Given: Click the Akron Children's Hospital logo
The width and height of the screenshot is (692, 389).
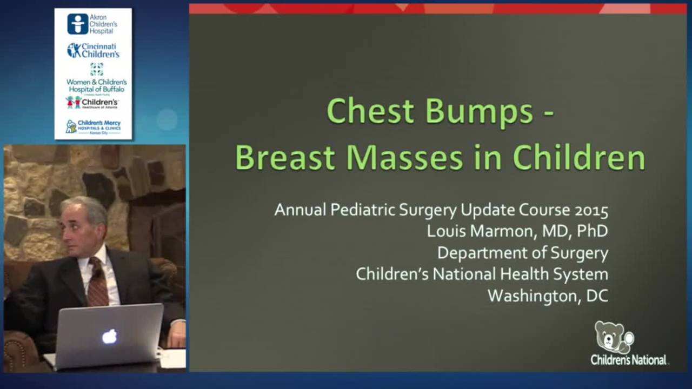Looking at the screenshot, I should (x=92, y=24).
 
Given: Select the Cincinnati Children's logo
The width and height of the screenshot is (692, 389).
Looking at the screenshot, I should (x=93, y=50).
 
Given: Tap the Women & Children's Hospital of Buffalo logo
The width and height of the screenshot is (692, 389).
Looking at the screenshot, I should (x=96, y=79).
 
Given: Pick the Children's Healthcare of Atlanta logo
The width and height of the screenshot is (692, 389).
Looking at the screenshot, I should (x=92, y=102).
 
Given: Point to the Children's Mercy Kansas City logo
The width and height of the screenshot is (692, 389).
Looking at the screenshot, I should (x=93, y=126).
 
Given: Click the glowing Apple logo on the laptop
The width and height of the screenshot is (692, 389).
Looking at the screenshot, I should (x=109, y=337).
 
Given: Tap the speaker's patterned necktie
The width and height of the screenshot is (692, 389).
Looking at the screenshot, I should (x=98, y=281).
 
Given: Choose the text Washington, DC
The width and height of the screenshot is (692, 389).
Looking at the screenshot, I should (x=548, y=296).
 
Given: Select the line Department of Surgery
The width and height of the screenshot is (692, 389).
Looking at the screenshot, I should (x=522, y=252).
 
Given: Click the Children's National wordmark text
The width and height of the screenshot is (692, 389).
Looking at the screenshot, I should (x=629, y=360).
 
